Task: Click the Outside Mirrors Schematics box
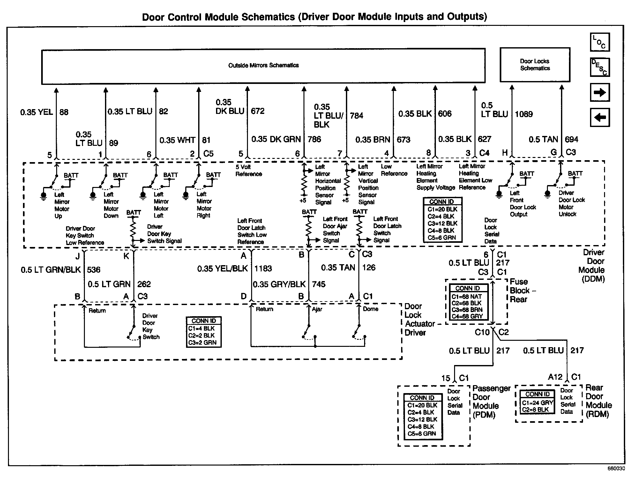[x=263, y=66]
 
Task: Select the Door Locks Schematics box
[x=535, y=65]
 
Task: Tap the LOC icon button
[x=600, y=42]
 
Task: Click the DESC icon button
[x=600, y=67]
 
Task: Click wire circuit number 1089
[x=524, y=114]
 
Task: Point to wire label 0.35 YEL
[x=36, y=112]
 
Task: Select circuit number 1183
[x=263, y=269]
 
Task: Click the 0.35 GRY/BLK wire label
[x=279, y=284]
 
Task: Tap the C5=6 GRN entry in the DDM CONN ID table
[x=442, y=238]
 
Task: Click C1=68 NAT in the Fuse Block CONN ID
[x=467, y=296]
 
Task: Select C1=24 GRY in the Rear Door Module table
[x=537, y=403]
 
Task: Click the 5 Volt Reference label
[x=249, y=170]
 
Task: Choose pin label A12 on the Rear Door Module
[x=555, y=377]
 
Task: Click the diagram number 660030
[x=616, y=469]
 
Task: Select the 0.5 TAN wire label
[x=543, y=139]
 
